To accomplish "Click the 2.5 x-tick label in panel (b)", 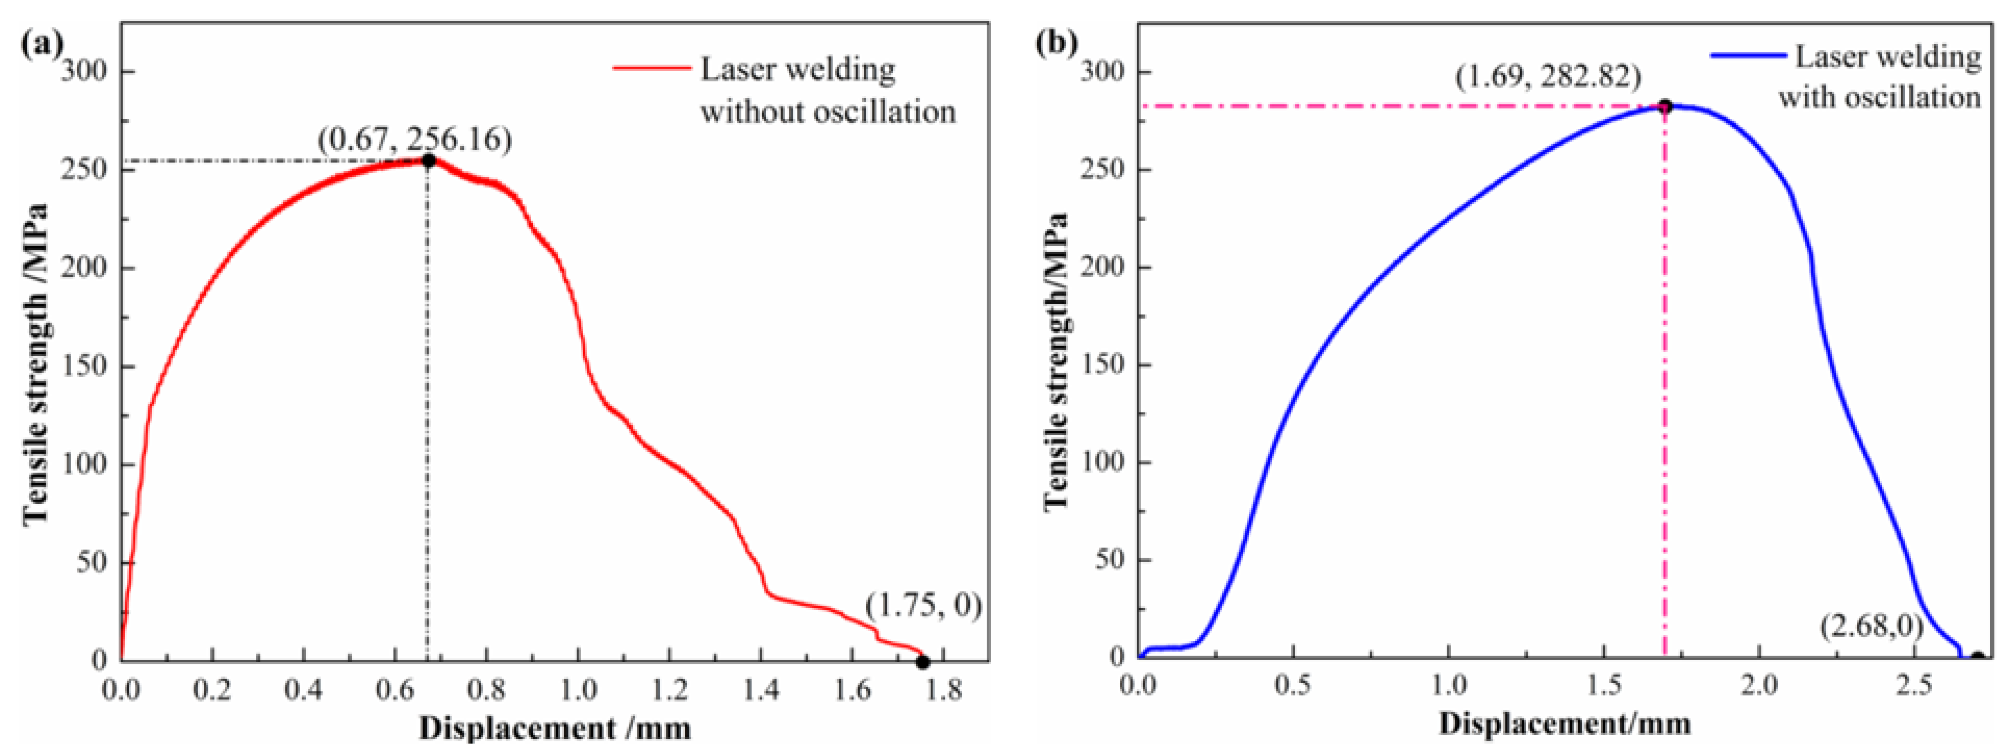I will click(1913, 686).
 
